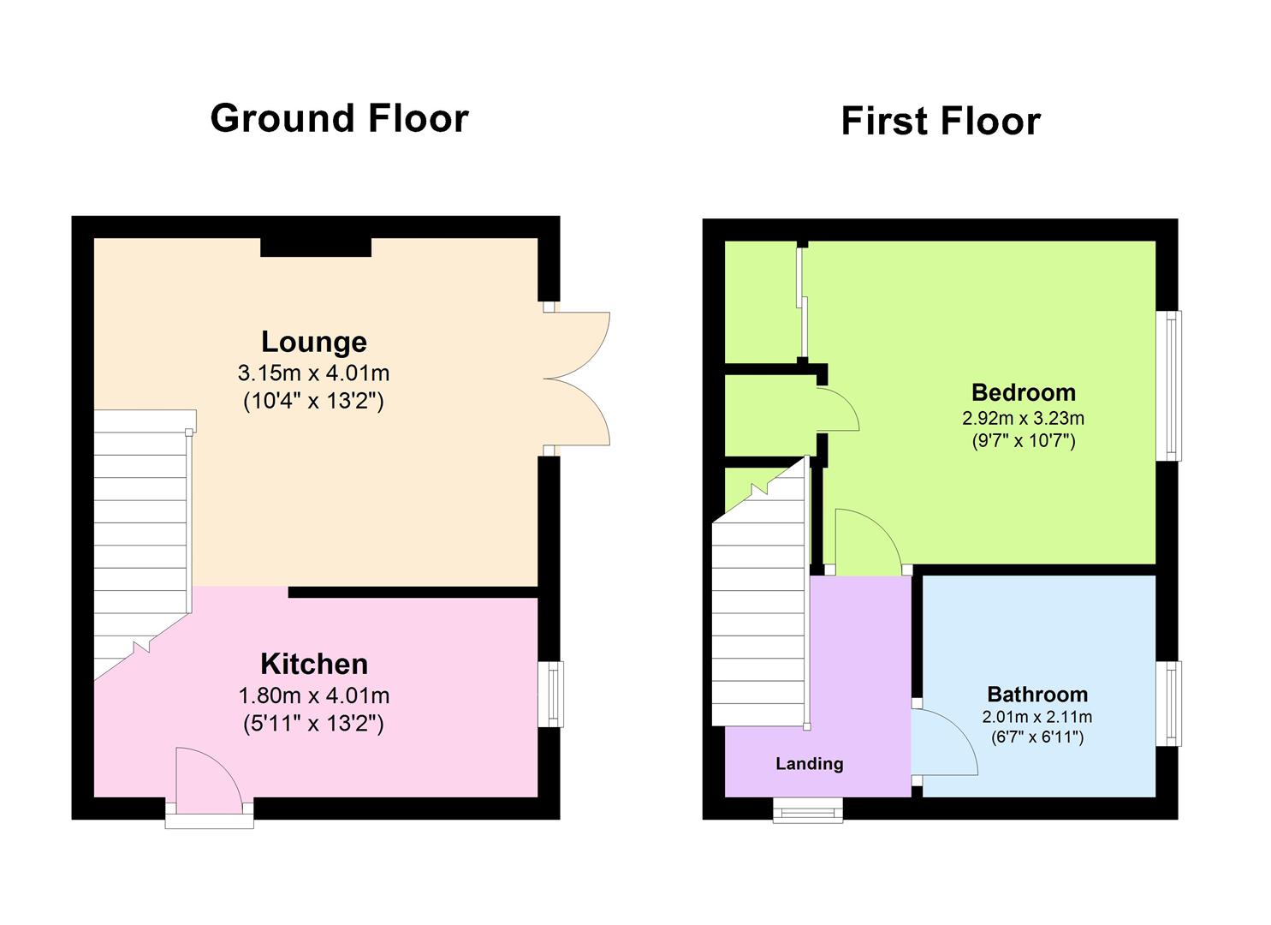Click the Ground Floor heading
click(x=339, y=118)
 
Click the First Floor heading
click(x=940, y=121)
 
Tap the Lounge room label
click(x=313, y=342)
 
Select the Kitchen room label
click(x=314, y=664)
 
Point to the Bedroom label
click(x=1023, y=392)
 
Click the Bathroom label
click(x=1037, y=694)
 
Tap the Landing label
click(x=809, y=763)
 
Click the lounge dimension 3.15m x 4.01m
click(x=313, y=373)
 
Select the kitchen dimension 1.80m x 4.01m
click(x=313, y=695)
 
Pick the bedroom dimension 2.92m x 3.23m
click(x=1023, y=419)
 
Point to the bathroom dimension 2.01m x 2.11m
click(x=1037, y=717)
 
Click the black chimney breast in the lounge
click(x=315, y=248)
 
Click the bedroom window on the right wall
click(x=1169, y=385)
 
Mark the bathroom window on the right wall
click(x=1169, y=703)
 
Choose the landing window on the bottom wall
click(x=807, y=809)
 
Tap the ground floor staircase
click(x=140, y=540)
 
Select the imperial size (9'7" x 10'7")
click(x=1023, y=442)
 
